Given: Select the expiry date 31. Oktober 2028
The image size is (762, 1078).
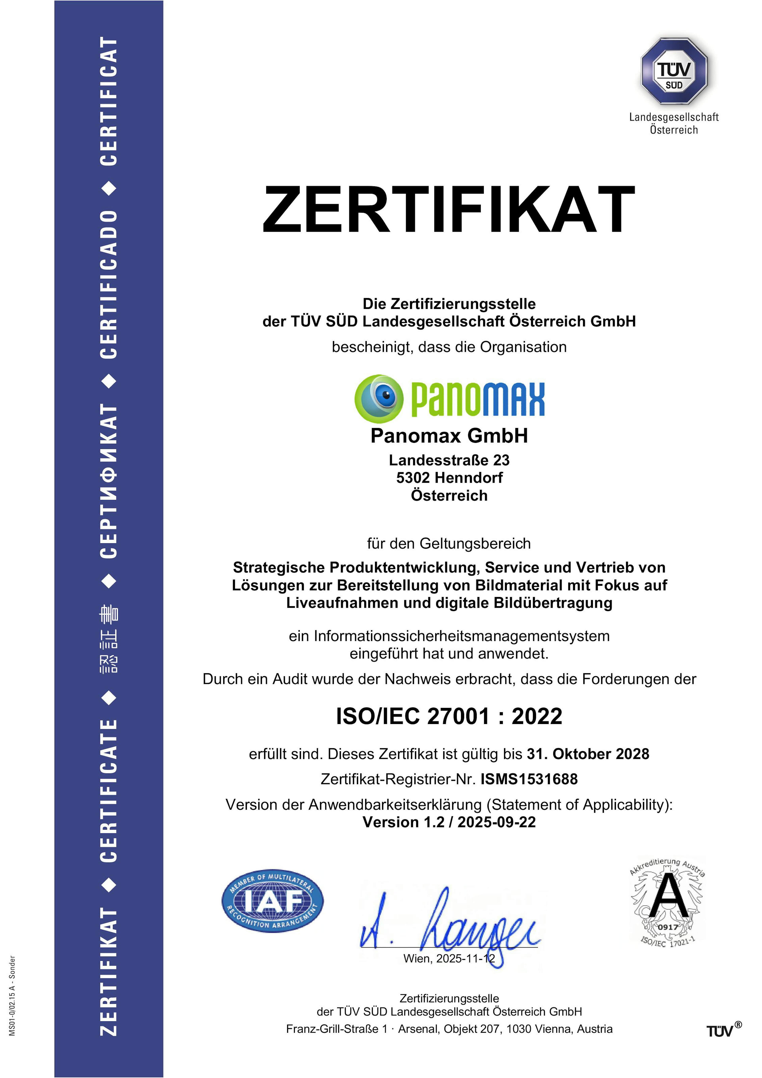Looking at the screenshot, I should (588, 754).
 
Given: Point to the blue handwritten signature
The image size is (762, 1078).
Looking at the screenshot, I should (451, 923).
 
